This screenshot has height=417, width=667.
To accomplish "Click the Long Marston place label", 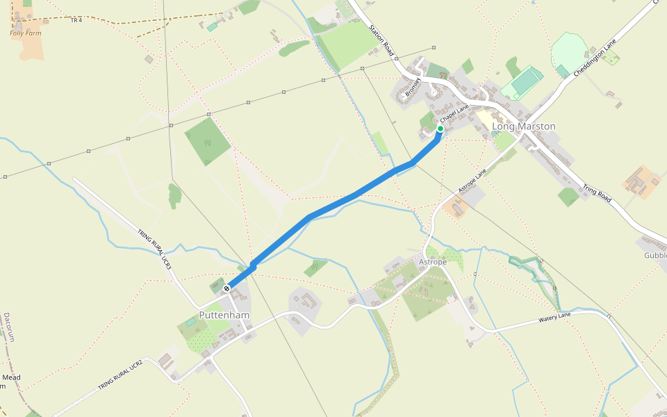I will [524, 126].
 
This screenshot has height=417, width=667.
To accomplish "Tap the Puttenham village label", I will [224, 315].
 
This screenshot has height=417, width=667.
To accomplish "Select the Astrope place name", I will [434, 262].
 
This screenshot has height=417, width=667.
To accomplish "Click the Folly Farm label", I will [25, 33].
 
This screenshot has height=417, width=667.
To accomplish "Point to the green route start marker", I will [440, 129].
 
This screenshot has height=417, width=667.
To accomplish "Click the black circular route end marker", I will [227, 288].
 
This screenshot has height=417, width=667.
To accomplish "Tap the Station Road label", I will [382, 41].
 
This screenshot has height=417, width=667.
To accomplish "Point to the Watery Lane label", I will [554, 319].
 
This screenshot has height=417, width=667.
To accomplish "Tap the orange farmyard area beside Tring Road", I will [641, 182].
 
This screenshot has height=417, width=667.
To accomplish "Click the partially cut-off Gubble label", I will [654, 255].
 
